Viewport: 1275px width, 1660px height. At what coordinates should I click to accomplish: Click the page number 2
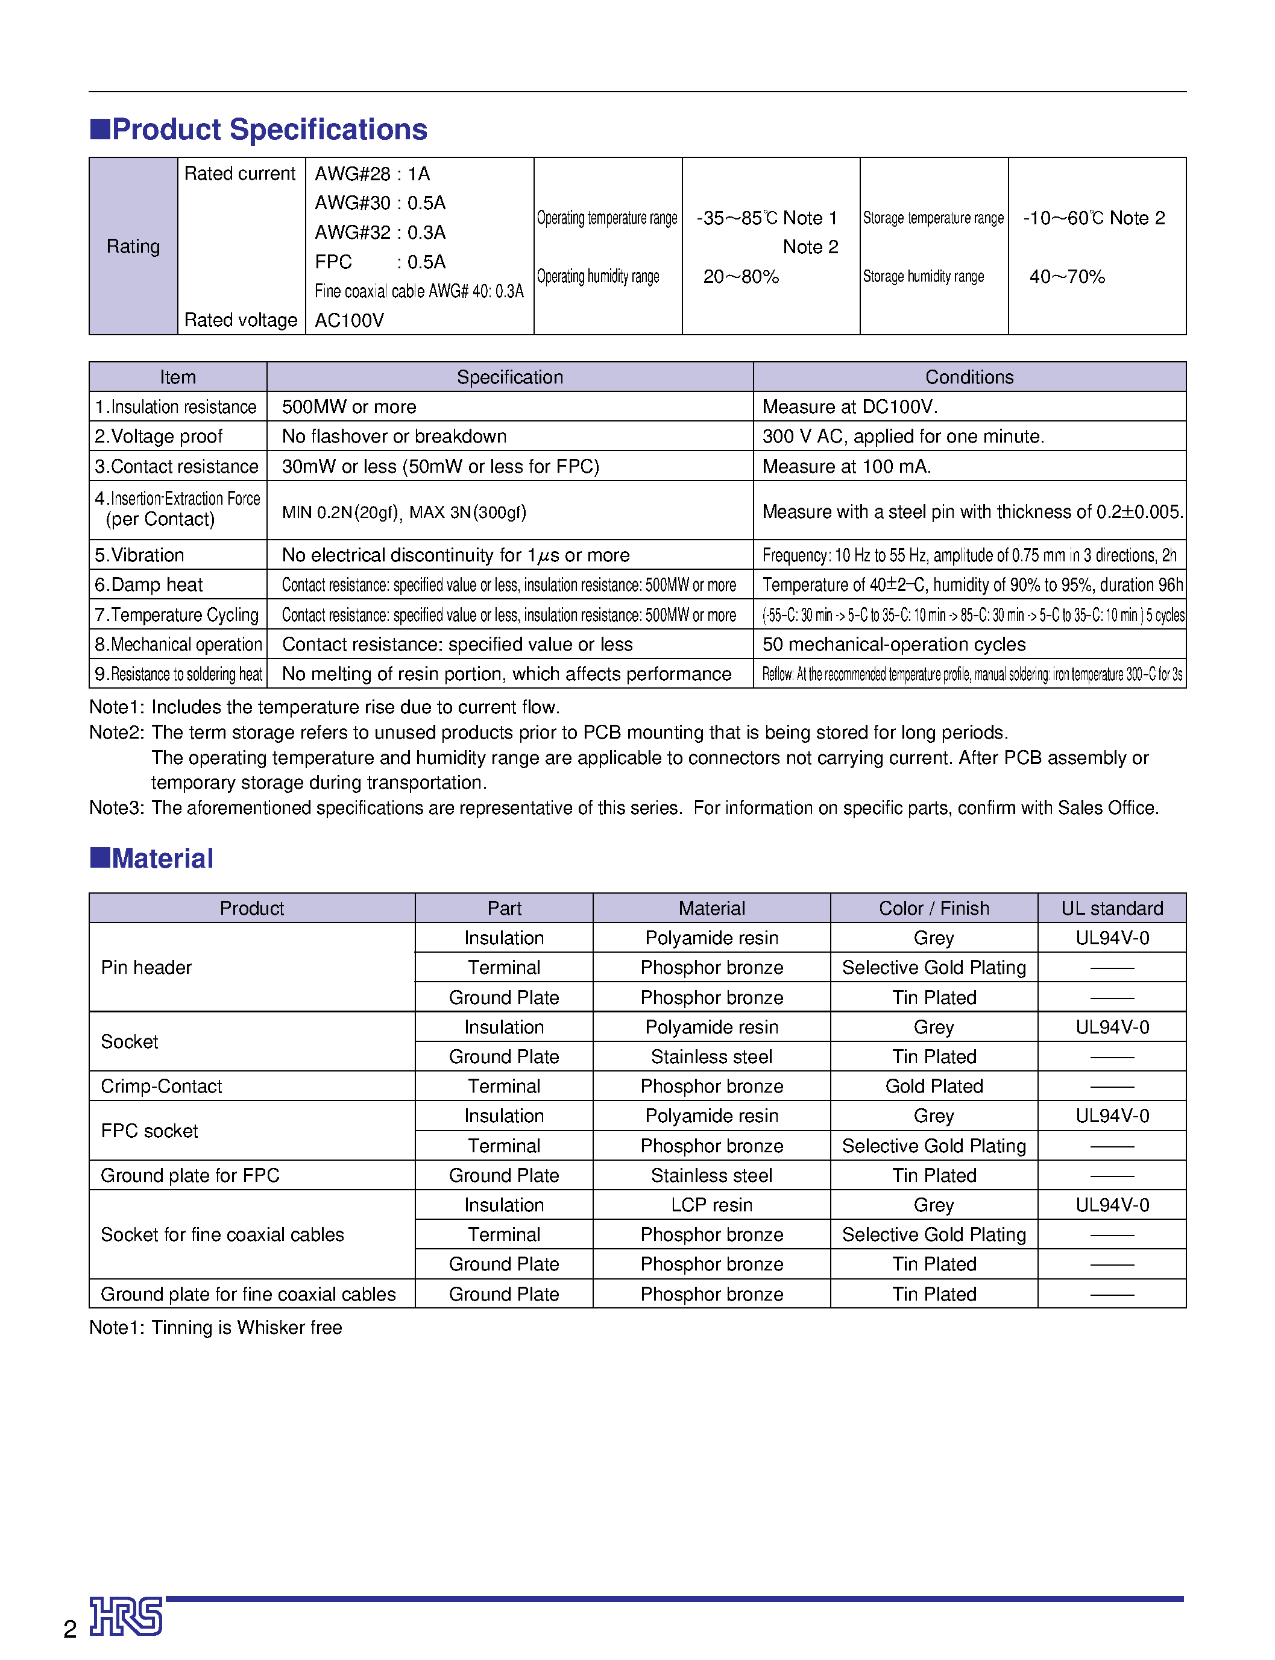(70, 1629)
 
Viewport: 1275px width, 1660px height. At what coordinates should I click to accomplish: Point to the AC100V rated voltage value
(350, 320)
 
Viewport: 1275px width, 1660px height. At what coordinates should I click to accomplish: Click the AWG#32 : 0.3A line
(380, 232)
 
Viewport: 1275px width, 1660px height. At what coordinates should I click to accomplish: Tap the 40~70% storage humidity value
(1067, 276)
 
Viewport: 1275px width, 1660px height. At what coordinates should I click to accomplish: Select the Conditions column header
(969, 377)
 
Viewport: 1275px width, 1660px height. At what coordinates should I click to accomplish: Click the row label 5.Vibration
(140, 555)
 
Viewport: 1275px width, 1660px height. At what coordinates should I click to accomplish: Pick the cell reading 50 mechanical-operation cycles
(894, 645)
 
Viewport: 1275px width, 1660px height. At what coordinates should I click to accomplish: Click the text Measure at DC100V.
(850, 407)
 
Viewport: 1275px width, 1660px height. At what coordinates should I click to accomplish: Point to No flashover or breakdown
(394, 437)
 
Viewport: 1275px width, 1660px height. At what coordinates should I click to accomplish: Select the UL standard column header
(1112, 909)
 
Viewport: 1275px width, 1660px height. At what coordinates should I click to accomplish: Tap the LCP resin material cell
(711, 1205)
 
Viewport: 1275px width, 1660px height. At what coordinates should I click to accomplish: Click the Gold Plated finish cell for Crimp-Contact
(933, 1086)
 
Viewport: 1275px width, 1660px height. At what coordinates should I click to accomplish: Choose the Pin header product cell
(146, 968)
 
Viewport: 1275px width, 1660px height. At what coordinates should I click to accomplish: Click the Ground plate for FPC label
(190, 1176)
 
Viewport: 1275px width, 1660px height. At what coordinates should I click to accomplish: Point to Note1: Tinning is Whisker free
(216, 1328)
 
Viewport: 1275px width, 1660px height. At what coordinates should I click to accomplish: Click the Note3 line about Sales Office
(624, 807)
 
